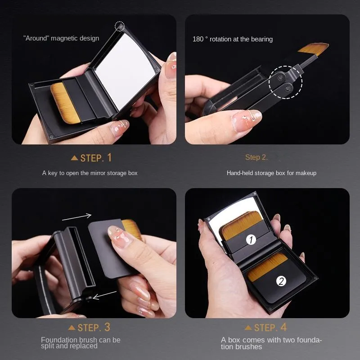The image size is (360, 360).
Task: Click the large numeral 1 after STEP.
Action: tap(109, 157)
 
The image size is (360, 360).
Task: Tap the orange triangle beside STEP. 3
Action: tap(72, 328)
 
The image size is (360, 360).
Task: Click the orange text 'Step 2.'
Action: tap(256, 157)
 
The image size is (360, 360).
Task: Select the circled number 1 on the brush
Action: tap(251, 240)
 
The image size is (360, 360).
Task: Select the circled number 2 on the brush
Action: tap(281, 281)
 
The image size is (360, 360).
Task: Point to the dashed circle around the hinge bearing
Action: tap(286, 82)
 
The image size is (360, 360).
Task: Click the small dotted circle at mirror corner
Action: tap(120, 26)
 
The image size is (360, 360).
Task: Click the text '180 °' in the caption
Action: tap(200, 39)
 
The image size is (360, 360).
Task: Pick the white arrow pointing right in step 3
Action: tap(77, 217)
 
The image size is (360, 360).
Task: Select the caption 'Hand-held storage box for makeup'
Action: tap(271, 173)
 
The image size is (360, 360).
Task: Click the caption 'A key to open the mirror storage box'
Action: tap(90, 173)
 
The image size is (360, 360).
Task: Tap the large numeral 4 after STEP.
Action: tap(283, 327)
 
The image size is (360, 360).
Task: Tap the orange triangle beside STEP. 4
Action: tap(248, 328)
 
